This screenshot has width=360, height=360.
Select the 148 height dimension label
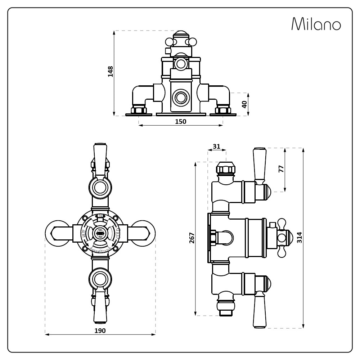point(111,71)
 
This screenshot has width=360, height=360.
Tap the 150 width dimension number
point(180,121)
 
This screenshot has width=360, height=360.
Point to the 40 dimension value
point(244,104)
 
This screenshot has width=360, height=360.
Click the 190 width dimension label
point(100,330)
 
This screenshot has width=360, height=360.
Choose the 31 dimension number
point(216,146)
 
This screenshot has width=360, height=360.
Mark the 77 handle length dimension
point(282,168)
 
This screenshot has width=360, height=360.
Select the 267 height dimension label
point(192,238)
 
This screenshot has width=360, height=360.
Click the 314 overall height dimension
point(300,238)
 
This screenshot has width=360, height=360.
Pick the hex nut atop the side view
point(225,168)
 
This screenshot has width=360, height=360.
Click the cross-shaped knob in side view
point(282,237)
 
